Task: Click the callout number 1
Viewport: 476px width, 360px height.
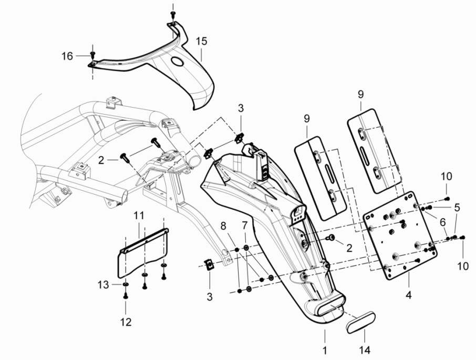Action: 325,348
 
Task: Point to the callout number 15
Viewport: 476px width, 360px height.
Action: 202,41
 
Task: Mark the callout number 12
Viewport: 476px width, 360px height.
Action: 126,321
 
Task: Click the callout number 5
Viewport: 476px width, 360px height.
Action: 457,207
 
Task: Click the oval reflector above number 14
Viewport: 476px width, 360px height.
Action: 360,320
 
